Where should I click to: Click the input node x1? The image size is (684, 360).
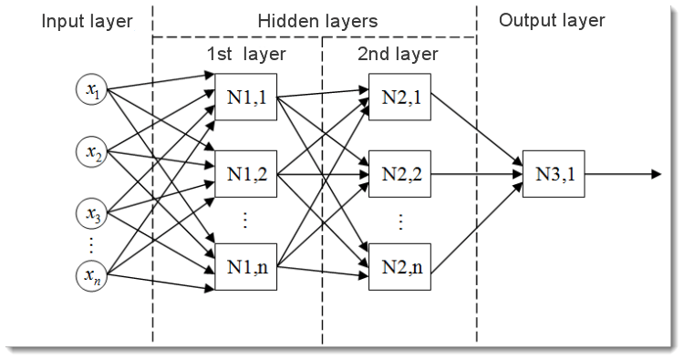(x=93, y=90)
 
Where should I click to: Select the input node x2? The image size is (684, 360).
(x=93, y=151)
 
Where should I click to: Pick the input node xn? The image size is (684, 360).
(x=93, y=273)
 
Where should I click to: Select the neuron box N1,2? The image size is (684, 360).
(x=244, y=171)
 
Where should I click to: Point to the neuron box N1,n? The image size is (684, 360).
(x=244, y=268)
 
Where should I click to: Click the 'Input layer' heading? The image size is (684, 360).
(x=87, y=21)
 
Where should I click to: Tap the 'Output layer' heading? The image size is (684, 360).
(x=552, y=21)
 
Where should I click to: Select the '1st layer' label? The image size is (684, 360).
(x=245, y=54)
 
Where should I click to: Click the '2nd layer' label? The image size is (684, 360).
(x=398, y=54)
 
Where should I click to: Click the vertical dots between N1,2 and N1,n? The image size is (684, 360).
(x=244, y=221)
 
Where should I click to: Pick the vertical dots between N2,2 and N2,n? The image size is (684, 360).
(x=398, y=221)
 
